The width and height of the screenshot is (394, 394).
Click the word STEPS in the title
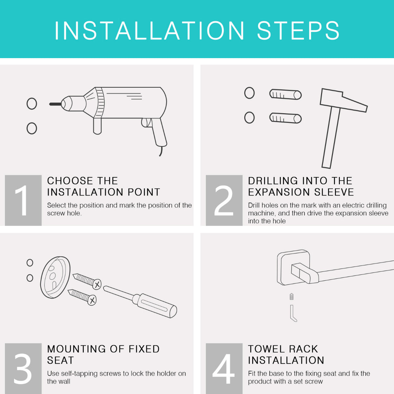pyautogui.click(x=298, y=31)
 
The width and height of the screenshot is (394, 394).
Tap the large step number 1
pyautogui.click(x=22, y=200)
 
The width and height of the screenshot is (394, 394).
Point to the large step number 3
pyautogui.click(x=23, y=369)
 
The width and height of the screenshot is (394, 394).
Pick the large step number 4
pyautogui.click(x=224, y=369)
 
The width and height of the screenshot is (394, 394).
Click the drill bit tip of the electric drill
pyautogui.click(x=50, y=104)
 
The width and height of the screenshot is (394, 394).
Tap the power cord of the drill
pyautogui.click(x=161, y=151)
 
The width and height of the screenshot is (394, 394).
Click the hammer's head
pyautogui.click(x=343, y=100)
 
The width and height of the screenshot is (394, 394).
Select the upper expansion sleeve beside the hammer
pyautogui.click(x=285, y=94)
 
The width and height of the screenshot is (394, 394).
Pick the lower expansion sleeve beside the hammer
pyautogui.click(x=285, y=118)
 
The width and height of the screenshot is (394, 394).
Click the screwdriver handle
pyautogui.click(x=155, y=306)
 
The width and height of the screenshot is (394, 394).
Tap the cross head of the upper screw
pyautogui.click(x=97, y=284)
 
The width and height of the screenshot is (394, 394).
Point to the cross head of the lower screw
pyautogui.click(x=92, y=300)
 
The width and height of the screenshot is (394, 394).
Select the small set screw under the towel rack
pyautogui.click(x=292, y=296)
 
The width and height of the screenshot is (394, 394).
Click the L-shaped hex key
pyautogui.click(x=292, y=313)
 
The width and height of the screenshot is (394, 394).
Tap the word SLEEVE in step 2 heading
pyautogui.click(x=334, y=192)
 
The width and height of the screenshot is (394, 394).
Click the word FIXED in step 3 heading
pyautogui.click(x=144, y=349)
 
